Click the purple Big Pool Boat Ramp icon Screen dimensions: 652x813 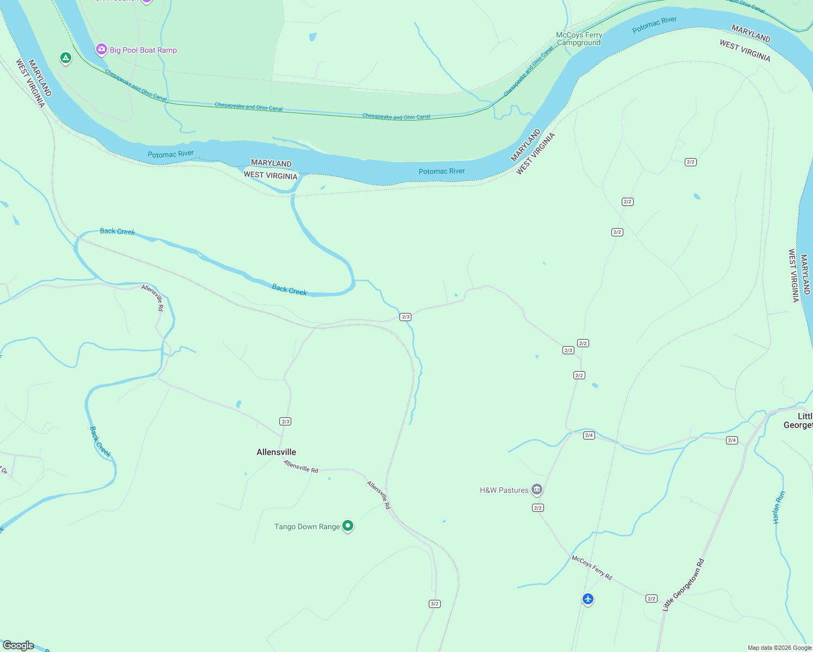click(101, 49)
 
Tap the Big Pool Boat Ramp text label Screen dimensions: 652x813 click(143, 50)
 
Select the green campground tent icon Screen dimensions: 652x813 click(66, 57)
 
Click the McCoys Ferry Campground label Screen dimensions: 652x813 click(579, 39)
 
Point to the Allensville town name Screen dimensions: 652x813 click(276, 452)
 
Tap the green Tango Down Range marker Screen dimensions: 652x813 click(348, 525)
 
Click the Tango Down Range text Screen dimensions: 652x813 click(307, 526)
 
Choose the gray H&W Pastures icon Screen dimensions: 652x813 click(537, 490)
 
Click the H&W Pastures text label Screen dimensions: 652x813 click(504, 490)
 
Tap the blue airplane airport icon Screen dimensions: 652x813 click(587, 599)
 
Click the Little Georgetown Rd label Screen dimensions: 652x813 click(684, 584)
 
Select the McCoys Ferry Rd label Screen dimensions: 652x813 click(592, 567)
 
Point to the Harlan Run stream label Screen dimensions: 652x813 click(779, 507)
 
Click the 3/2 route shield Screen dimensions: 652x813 click(434, 604)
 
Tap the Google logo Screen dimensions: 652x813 click(18, 645)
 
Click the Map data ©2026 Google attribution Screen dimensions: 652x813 click(779, 648)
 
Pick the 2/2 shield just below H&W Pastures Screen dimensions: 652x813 click(538, 507)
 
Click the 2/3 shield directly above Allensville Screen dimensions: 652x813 click(285, 421)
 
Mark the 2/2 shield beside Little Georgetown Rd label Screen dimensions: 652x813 click(652, 598)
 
